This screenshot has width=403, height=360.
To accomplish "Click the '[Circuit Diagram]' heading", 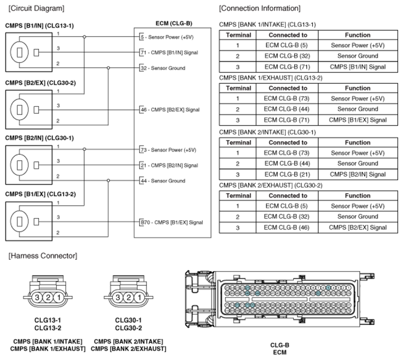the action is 36,8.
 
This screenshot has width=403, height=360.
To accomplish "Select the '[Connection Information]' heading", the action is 260,8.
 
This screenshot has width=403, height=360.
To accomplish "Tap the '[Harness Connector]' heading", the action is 43,256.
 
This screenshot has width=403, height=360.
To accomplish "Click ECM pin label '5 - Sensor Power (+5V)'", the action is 167,37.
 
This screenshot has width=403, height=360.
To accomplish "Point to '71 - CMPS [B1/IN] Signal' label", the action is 169,53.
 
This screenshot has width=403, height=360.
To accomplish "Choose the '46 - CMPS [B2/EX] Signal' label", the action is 170,109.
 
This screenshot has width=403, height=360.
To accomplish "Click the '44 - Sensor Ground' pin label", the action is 163,181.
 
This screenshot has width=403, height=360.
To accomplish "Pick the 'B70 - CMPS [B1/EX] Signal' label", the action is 171,222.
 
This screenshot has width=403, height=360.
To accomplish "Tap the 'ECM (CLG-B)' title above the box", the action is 174,23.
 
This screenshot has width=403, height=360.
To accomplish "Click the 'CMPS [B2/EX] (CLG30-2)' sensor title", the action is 41,83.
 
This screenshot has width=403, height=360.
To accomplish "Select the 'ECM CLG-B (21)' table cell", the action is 287,174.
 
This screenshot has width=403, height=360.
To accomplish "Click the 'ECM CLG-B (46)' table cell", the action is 287,227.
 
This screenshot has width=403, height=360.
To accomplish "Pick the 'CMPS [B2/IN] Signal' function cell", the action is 358,174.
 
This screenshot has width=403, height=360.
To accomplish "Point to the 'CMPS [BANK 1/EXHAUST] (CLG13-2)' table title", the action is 270,77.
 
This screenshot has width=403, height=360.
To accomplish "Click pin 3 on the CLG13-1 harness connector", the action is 37,298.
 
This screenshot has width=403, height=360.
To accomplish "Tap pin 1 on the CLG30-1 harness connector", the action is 140,298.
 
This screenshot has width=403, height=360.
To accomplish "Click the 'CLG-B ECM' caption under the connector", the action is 280,349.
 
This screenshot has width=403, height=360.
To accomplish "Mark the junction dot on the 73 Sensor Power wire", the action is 84,149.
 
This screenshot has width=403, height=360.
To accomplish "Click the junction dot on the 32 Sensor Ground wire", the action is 108,68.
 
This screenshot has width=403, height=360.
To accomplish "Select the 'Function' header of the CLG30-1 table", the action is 358,142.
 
